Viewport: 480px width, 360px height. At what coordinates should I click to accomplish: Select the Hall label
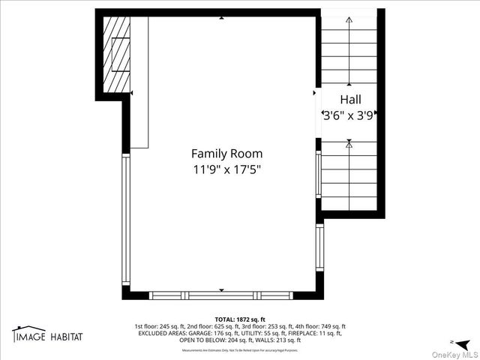[350, 99]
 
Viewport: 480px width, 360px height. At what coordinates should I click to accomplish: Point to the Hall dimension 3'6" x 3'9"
[349, 116]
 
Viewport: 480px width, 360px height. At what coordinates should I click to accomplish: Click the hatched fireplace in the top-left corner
[117, 52]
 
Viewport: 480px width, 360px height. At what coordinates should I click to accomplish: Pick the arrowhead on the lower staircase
[349, 142]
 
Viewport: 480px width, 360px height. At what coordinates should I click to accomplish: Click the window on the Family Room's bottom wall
[221, 295]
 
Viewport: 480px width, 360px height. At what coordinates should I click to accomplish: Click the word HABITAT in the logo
[66, 337]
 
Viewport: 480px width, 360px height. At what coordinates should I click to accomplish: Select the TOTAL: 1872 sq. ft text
[240, 319]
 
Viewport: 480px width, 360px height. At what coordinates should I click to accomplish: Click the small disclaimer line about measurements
[240, 349]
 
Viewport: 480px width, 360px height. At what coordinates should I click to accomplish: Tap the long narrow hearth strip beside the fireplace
[139, 82]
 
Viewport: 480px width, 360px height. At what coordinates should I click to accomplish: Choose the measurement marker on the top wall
[220, 17]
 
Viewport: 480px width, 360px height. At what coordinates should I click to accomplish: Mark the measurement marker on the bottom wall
[220, 289]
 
